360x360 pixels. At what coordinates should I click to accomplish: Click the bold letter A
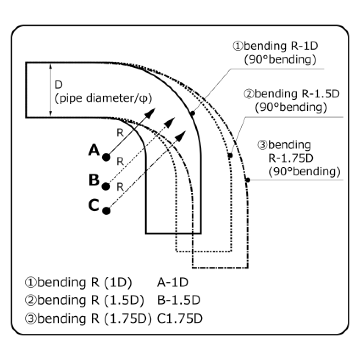click(94, 150)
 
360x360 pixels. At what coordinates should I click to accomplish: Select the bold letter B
click(94, 180)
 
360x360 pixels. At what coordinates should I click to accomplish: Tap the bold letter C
click(94, 205)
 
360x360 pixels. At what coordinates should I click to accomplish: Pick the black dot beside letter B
click(106, 186)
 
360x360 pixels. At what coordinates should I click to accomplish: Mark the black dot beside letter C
click(106, 210)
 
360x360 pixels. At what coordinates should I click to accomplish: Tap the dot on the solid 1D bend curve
click(192, 113)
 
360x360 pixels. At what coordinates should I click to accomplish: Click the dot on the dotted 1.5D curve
click(230, 156)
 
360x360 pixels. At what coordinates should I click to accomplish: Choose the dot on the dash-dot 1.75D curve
click(248, 180)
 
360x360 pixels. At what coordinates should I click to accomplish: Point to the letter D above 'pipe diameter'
click(59, 85)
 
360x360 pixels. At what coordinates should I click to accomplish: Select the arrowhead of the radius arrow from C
click(181, 135)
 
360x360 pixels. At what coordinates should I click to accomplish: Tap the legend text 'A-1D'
click(172, 282)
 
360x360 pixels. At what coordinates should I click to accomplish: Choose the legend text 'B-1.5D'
click(178, 300)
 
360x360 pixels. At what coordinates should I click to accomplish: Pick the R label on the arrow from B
click(120, 161)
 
